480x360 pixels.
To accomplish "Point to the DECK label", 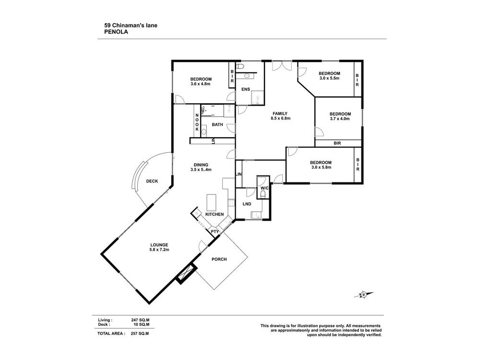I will (152, 181).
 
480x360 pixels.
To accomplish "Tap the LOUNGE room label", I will (160, 245).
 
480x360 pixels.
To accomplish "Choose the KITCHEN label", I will (214, 214).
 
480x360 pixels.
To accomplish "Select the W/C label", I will (264, 188).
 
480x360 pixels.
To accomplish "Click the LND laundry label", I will (247, 204).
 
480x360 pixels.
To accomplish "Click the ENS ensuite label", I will (245, 89).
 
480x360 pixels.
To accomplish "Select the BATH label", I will (217, 125).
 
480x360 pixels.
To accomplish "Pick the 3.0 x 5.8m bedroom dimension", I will (321, 168).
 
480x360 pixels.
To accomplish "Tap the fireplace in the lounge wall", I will (184, 275).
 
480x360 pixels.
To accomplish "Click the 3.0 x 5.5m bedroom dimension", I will (329, 78).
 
